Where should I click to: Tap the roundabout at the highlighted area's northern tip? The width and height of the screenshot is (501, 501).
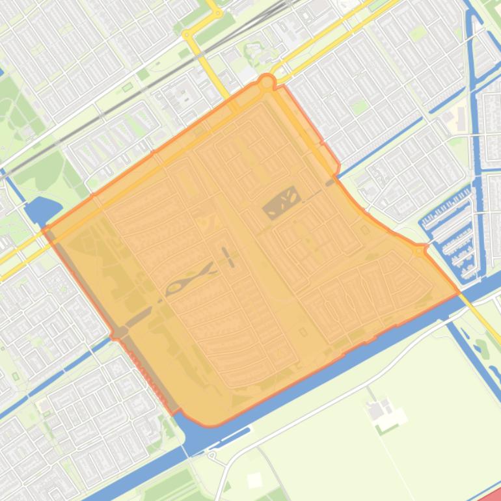click(266, 83)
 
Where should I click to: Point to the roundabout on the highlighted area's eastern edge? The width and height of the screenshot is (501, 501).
click(419, 250)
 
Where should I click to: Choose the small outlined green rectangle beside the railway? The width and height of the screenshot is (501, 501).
click(127, 86)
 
